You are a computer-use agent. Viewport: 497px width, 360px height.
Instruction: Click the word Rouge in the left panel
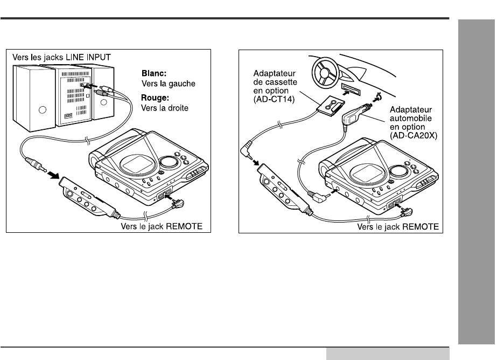[155, 98]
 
